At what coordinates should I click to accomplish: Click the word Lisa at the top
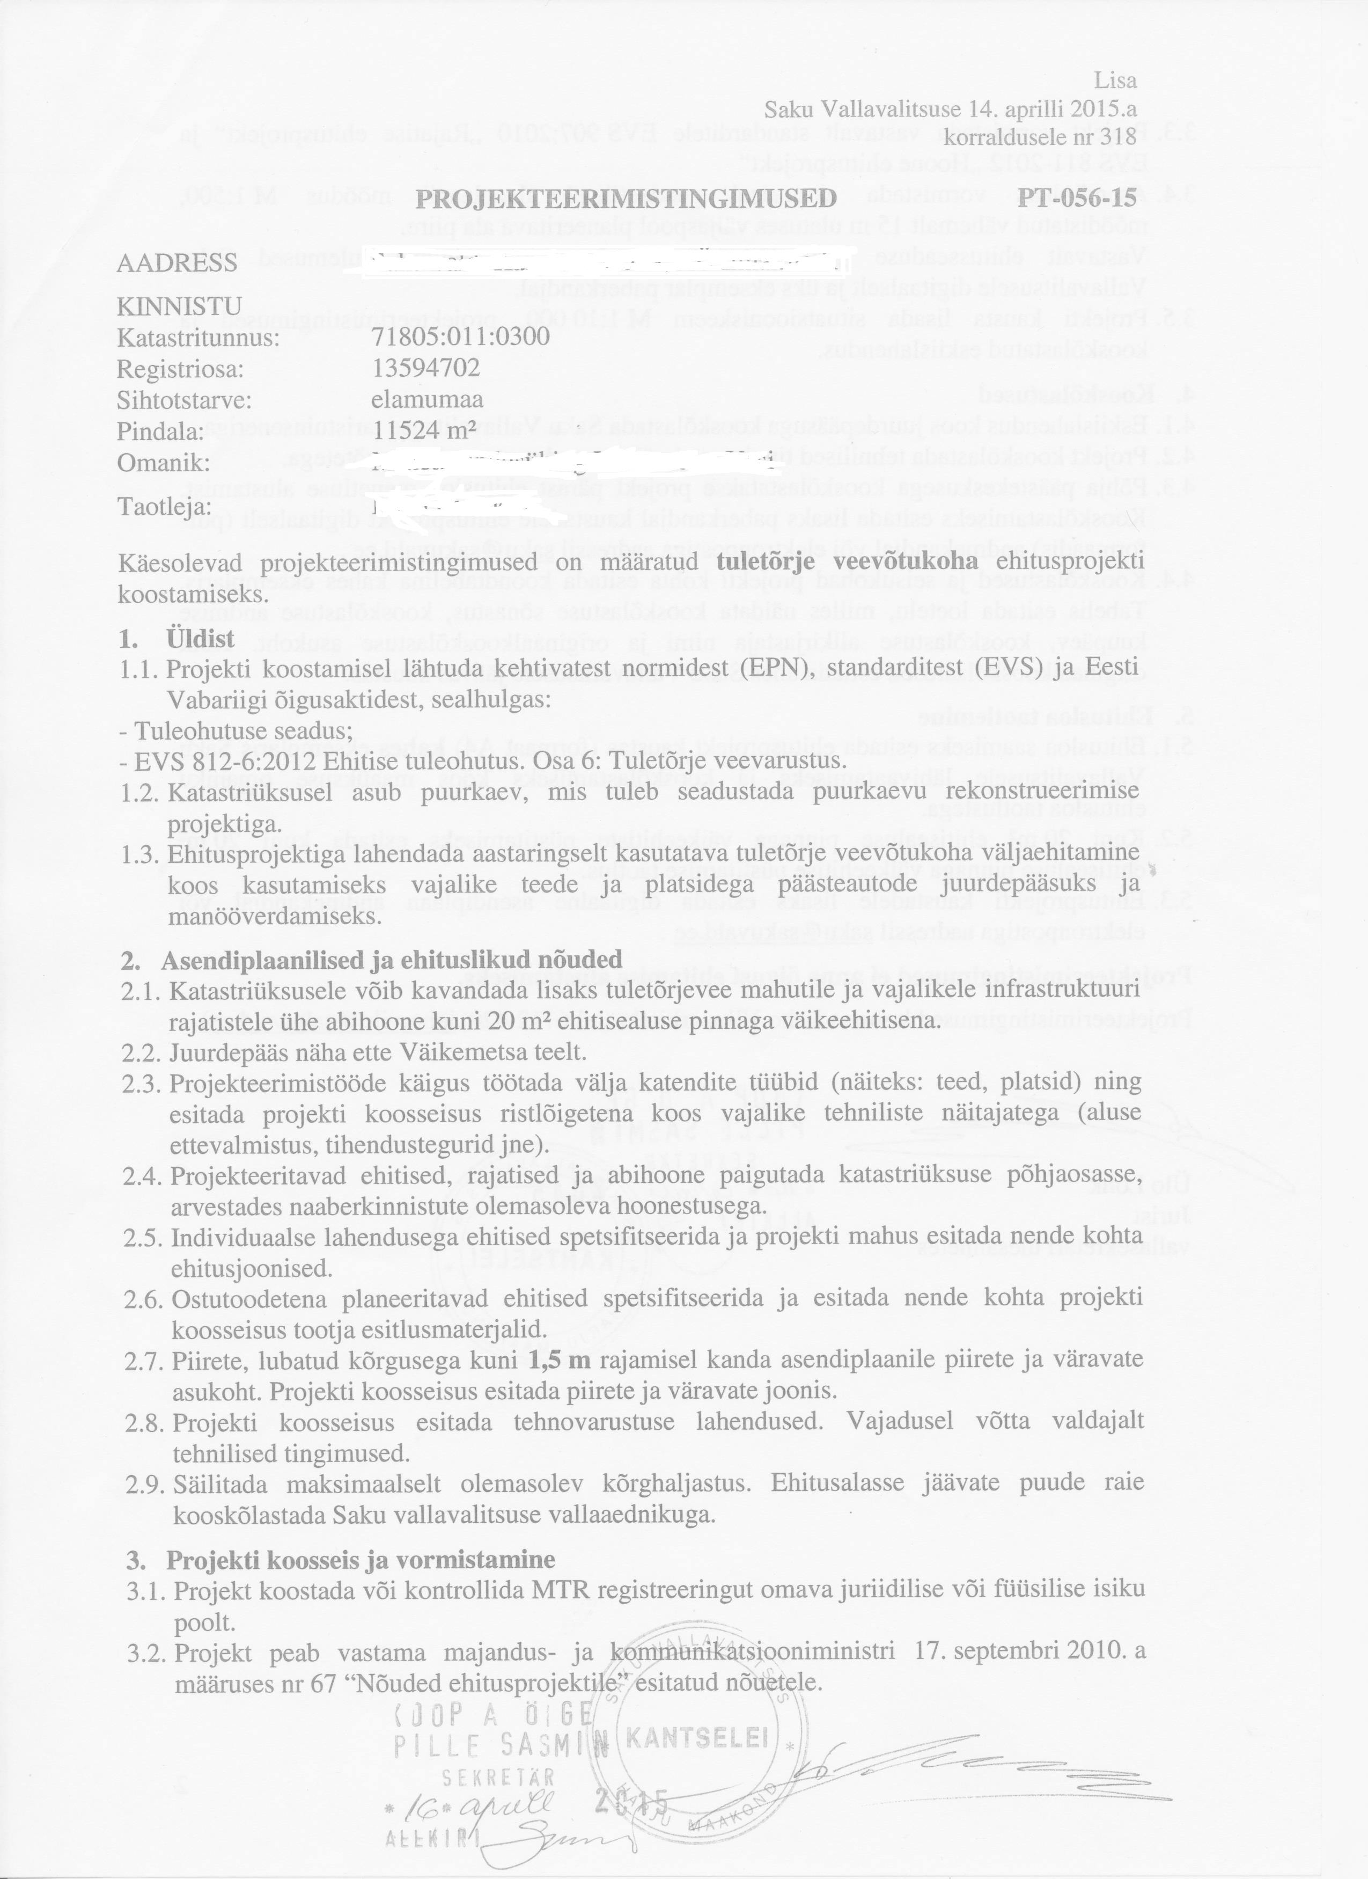pyautogui.click(x=1115, y=81)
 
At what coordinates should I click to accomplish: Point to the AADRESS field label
pyautogui.click(x=177, y=264)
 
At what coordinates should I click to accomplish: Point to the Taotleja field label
pyautogui.click(x=165, y=506)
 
